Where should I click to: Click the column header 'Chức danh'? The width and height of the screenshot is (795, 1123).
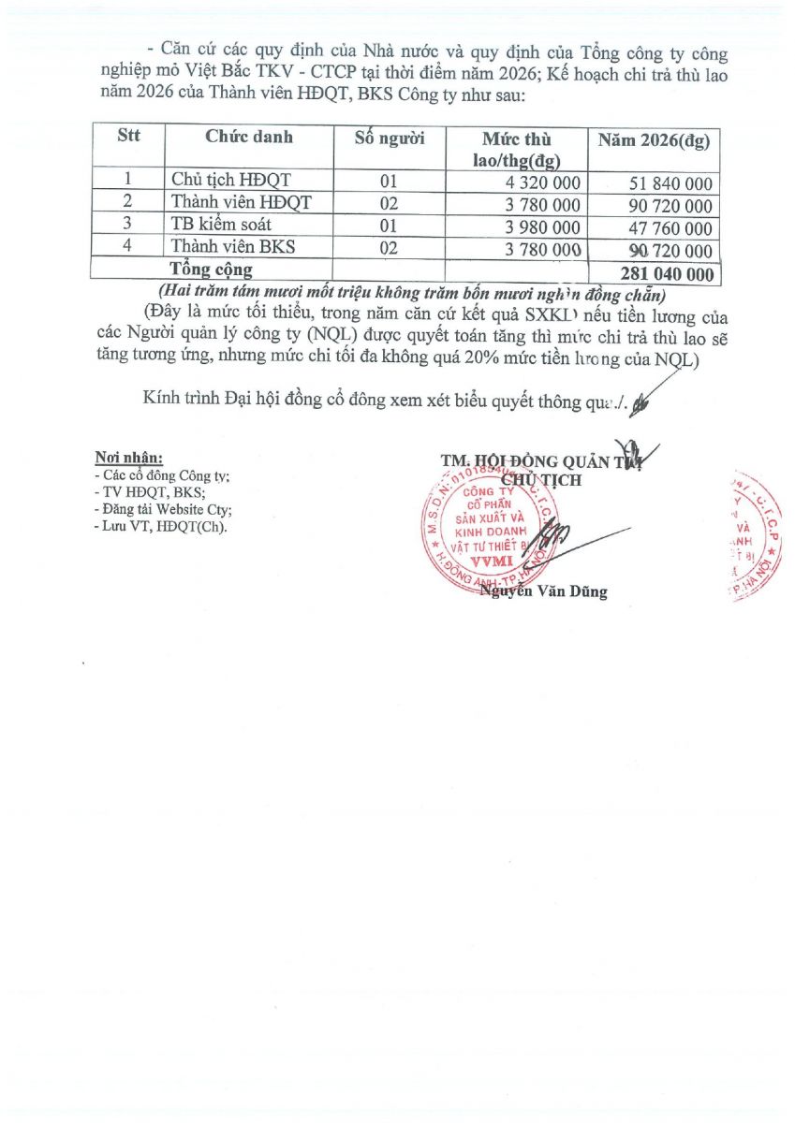(x=248, y=138)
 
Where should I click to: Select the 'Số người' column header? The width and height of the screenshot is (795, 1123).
(x=390, y=139)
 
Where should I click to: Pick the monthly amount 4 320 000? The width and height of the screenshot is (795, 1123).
(x=542, y=183)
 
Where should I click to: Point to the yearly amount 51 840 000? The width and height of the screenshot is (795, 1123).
(x=669, y=184)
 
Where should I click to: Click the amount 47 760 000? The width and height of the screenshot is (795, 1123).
(x=669, y=229)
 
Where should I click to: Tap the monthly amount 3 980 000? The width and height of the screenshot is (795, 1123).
(x=542, y=228)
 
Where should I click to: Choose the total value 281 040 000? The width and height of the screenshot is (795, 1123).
(x=666, y=274)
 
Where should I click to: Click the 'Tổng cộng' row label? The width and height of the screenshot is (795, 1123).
(x=217, y=270)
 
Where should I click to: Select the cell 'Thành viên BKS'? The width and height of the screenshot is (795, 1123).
(x=226, y=248)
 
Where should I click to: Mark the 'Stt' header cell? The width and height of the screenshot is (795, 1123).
(x=128, y=136)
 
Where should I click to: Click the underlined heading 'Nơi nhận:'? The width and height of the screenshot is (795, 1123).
(x=129, y=458)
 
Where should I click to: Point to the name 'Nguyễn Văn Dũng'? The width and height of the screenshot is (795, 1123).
(x=543, y=591)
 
